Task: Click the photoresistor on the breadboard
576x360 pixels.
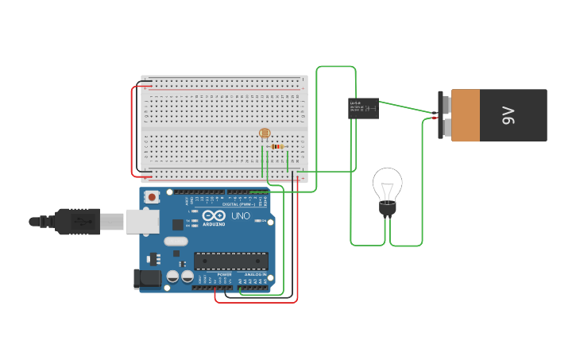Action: pos(265,134)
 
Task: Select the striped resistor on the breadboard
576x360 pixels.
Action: pos(276,146)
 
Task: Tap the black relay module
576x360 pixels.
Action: pos(363,108)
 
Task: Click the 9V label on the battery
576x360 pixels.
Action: pos(508,115)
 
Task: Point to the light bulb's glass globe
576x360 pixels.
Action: pos(388,184)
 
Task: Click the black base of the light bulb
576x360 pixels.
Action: pos(387,210)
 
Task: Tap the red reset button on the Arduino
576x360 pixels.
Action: pos(152,196)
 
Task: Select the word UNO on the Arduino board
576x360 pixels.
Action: pos(240,216)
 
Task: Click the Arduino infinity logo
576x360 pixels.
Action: pos(213,215)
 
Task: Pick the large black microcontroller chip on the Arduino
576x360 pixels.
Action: pos(230,261)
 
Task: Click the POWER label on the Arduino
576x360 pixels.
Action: pos(224,274)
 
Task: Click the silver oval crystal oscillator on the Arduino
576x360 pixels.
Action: pos(176,241)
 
